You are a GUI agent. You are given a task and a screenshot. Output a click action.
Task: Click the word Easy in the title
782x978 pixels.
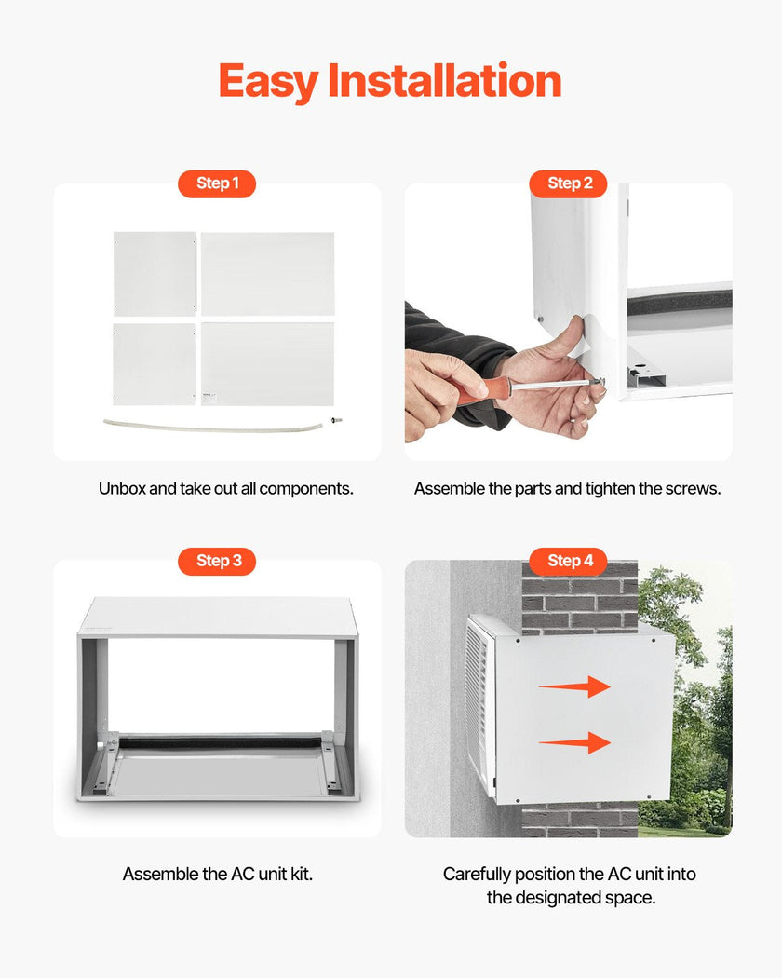click(269, 82)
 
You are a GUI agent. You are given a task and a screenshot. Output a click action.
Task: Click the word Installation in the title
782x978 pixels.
click(445, 80)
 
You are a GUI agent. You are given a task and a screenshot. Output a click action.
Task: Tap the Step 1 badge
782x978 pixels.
click(217, 183)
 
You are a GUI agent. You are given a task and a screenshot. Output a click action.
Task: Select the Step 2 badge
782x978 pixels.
click(568, 183)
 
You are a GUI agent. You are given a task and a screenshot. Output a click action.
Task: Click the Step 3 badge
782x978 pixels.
click(217, 561)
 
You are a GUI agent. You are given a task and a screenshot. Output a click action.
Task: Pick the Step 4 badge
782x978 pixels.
click(568, 561)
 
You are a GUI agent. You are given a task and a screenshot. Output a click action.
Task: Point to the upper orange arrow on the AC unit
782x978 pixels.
click(574, 686)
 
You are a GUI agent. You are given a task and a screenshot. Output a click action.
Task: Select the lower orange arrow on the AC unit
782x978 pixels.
click(574, 743)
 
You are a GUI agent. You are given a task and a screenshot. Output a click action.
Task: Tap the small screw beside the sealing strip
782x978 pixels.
click(337, 420)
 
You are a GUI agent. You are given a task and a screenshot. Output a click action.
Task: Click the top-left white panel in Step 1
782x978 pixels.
click(155, 274)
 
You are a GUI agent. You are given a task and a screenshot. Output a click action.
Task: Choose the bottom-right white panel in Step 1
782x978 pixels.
click(267, 363)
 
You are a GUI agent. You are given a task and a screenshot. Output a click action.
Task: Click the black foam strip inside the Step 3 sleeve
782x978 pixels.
click(220, 742)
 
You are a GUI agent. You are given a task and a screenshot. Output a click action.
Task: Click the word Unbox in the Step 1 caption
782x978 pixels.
click(122, 488)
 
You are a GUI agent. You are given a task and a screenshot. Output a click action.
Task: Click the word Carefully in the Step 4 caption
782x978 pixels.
click(477, 875)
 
